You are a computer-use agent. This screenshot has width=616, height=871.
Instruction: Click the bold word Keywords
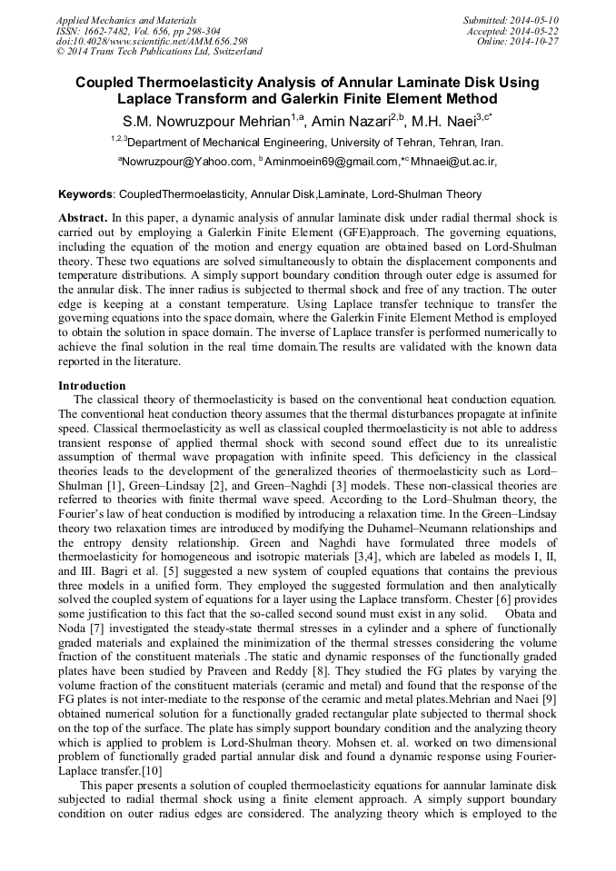click(x=86, y=194)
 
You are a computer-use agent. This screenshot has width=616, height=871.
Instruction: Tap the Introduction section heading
click(x=92, y=386)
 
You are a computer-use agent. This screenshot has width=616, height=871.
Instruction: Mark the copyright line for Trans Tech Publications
click(x=159, y=53)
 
